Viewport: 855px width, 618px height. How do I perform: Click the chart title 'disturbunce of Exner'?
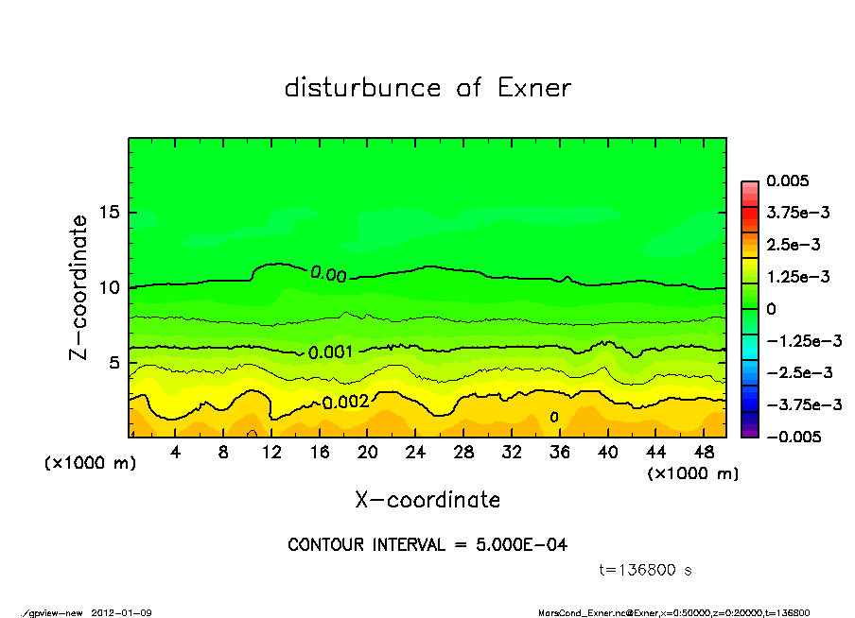coord(427,88)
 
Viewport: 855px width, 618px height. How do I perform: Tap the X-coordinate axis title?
coord(427,499)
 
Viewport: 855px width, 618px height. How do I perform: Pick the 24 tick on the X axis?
coord(415,453)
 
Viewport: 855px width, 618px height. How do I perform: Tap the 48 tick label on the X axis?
coord(704,453)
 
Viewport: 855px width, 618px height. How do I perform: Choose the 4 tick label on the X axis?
coord(175,453)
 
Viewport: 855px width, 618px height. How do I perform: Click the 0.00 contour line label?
coord(328,274)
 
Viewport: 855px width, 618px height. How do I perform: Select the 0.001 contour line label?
coord(330,352)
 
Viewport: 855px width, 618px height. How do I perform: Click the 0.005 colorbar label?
coord(786,180)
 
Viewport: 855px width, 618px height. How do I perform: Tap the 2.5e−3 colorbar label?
coord(793,245)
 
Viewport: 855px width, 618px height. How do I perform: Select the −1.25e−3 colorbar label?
coord(799,340)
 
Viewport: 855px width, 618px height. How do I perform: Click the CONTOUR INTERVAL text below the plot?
coord(427,545)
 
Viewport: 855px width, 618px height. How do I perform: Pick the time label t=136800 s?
coord(646,570)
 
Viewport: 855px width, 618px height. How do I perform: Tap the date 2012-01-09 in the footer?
coord(122,612)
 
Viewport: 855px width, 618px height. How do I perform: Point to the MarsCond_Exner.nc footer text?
coord(577,612)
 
